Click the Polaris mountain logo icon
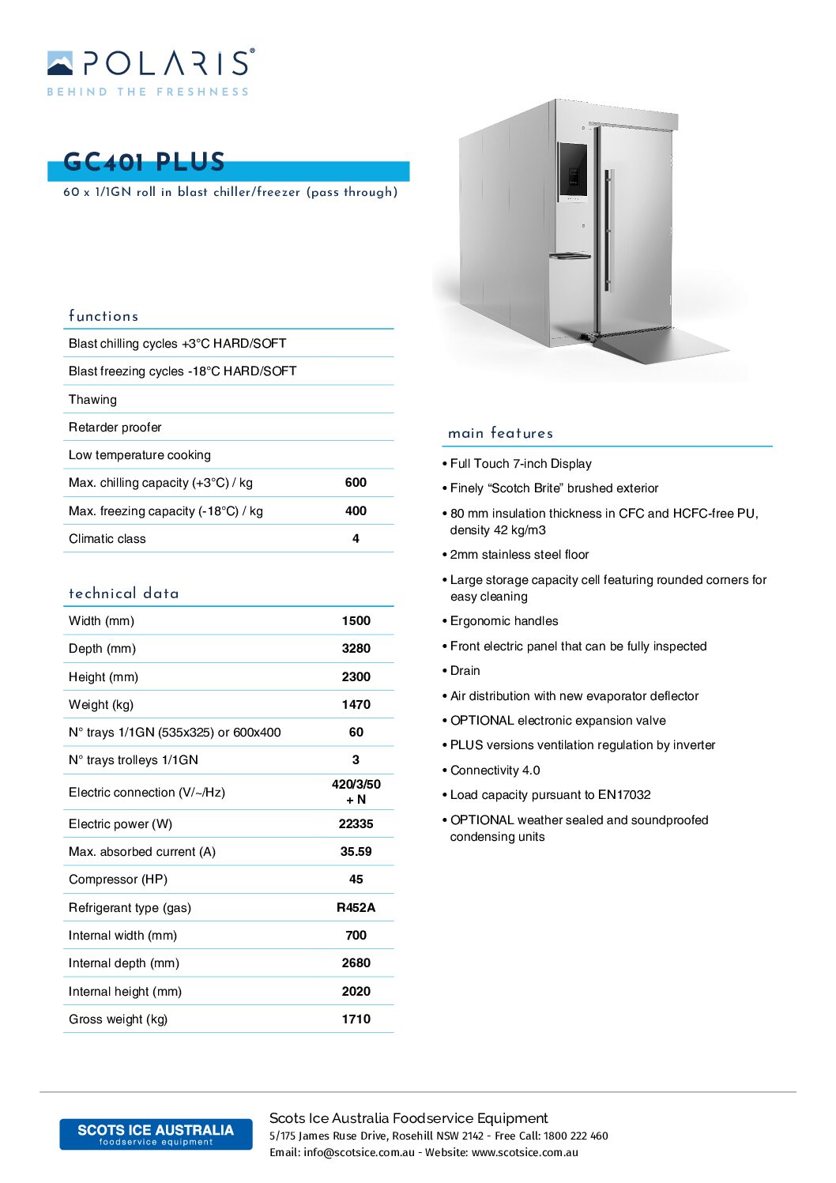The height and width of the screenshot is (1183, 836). click(x=60, y=63)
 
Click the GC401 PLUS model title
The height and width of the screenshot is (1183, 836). click(x=145, y=162)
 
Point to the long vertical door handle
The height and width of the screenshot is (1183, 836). click(x=608, y=230)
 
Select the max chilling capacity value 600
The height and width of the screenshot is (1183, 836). click(x=356, y=483)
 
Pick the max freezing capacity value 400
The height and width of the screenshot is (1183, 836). click(x=356, y=511)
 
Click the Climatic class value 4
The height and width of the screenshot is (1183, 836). click(x=356, y=539)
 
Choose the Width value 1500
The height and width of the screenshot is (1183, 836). click(x=356, y=621)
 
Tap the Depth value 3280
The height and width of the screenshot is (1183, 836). click(x=356, y=649)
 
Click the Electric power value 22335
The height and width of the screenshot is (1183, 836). click(x=356, y=824)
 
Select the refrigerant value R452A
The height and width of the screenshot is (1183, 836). click(x=356, y=908)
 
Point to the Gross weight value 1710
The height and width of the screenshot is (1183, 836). click(x=356, y=1019)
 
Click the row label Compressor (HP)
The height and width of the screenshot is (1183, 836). click(x=118, y=880)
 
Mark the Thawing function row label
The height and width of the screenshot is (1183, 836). click(x=92, y=400)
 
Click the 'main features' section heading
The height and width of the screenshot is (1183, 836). click(x=500, y=433)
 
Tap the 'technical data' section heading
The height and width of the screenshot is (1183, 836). click(x=123, y=593)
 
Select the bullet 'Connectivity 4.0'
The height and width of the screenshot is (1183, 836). click(x=495, y=770)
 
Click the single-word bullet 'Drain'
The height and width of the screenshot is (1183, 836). click(x=465, y=671)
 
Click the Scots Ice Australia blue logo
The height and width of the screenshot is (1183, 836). click(x=156, y=1134)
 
